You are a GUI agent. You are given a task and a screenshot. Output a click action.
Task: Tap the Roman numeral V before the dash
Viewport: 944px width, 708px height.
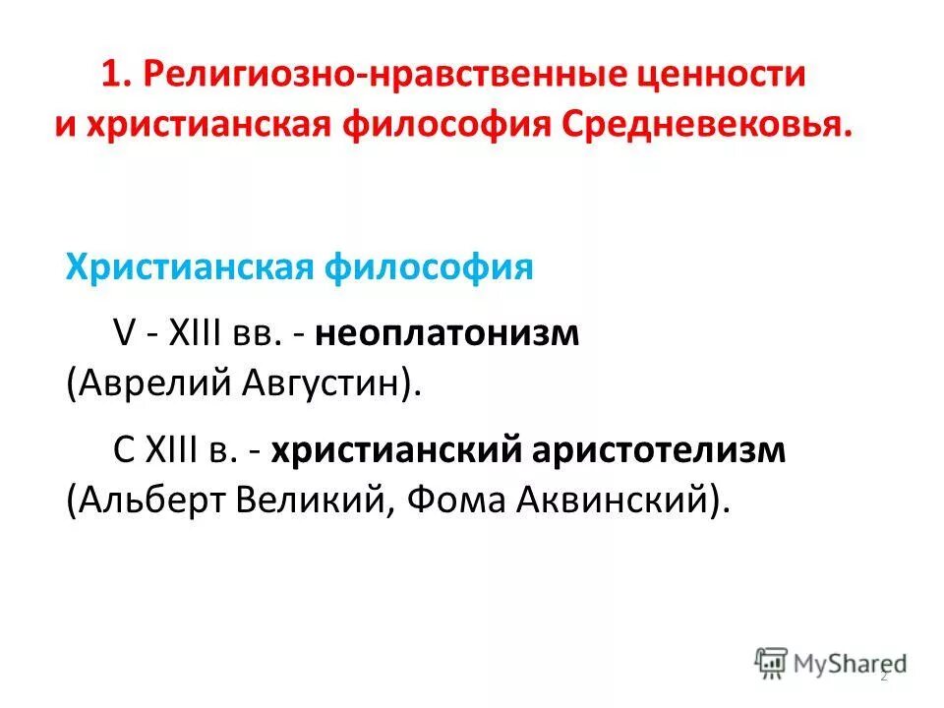tap(125, 334)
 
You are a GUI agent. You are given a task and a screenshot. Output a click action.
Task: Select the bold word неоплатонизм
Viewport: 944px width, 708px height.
tap(448, 334)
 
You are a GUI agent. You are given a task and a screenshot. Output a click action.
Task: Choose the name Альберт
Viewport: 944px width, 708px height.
tap(151, 501)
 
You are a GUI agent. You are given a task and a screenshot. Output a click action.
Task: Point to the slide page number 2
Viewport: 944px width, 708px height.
tap(882, 677)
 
